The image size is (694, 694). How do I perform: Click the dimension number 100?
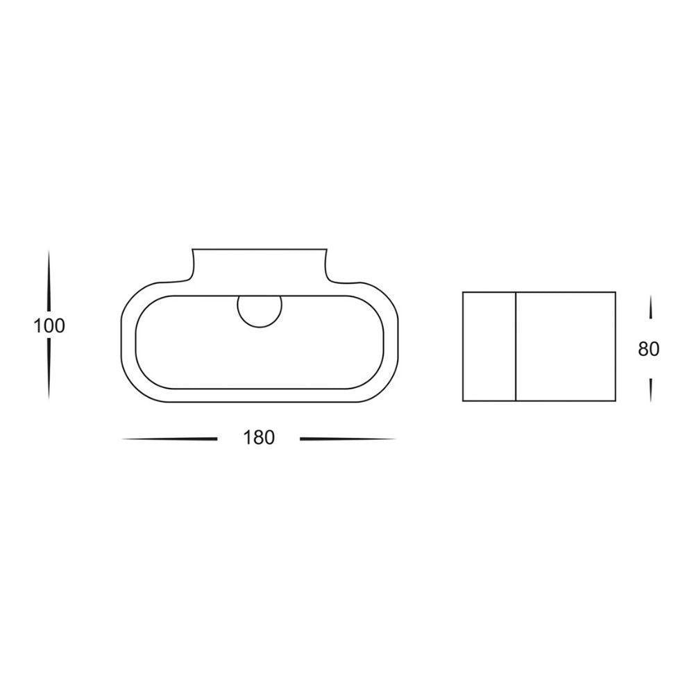pyautogui.click(x=49, y=326)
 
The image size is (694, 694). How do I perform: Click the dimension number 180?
pyautogui.click(x=259, y=438)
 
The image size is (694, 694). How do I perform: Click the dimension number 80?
pyautogui.click(x=649, y=349)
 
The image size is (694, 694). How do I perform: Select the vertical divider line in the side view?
pyautogui.click(x=516, y=346)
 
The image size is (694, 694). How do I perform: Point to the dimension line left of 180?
pyautogui.click(x=169, y=439)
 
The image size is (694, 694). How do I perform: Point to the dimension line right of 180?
pyautogui.click(x=348, y=439)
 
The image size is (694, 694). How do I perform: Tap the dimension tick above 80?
pyautogui.click(x=650, y=307)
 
